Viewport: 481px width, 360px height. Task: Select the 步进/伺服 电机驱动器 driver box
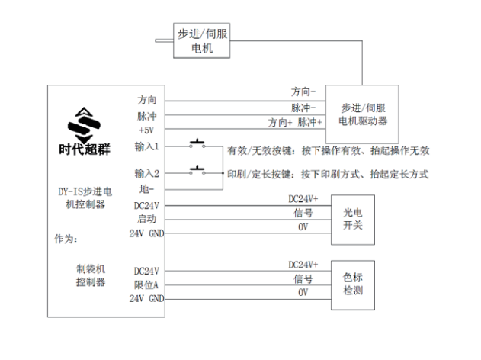364,114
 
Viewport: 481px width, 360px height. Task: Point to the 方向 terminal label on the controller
147,101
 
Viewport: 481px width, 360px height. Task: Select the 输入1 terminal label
146,146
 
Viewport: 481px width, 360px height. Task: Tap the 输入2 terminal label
146,173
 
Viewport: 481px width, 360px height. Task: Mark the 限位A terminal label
146,285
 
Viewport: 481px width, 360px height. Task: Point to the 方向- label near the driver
303,92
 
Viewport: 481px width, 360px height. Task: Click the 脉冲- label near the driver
303,108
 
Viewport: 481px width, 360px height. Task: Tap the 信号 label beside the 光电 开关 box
303,213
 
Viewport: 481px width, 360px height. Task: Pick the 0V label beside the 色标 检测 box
303,293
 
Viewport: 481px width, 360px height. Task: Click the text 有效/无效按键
258,150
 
